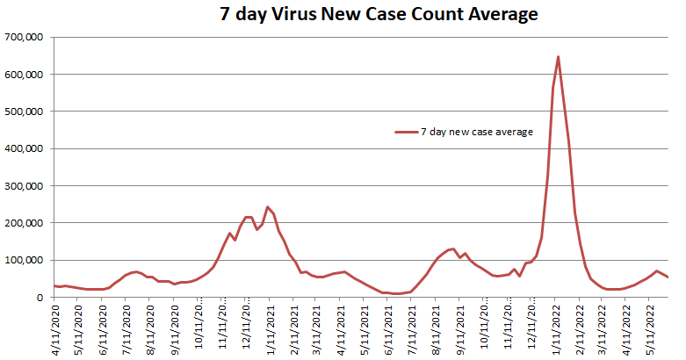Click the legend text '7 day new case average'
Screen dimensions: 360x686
(x=477, y=132)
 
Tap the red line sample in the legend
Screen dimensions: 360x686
(x=406, y=132)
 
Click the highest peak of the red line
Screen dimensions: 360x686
(x=558, y=57)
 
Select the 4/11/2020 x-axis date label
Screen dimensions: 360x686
(x=58, y=327)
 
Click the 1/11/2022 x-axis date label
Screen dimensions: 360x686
(x=557, y=327)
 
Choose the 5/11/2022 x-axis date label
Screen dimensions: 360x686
(x=651, y=327)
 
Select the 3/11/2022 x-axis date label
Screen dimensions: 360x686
(x=603, y=327)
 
